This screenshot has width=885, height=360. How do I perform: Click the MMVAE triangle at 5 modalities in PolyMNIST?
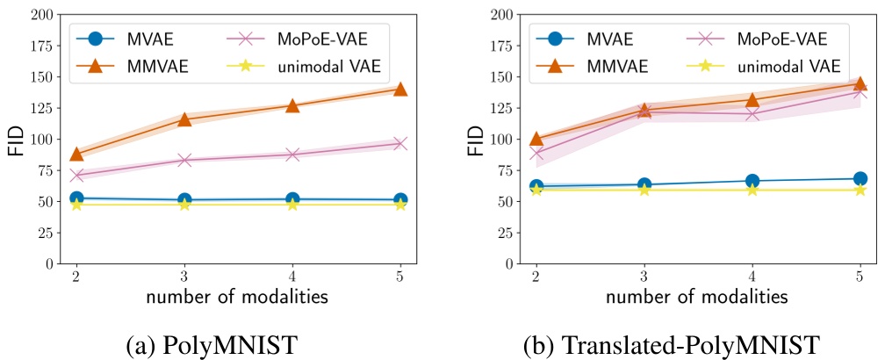coord(400,89)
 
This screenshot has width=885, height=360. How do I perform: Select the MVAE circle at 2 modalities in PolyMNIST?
coord(76,198)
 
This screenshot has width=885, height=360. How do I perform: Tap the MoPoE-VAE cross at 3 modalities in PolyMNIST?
coord(184,160)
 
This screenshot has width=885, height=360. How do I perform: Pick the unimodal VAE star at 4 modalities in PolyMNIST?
coord(292,204)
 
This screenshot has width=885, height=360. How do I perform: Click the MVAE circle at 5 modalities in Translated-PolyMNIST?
coord(860,179)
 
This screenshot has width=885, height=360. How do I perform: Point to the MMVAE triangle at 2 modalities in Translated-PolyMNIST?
coord(536,139)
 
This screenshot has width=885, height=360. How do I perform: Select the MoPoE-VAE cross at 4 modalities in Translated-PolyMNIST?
coord(752,114)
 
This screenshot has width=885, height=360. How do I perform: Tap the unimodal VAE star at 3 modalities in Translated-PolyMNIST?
coord(644,189)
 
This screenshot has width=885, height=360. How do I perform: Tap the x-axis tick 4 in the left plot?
coord(292,277)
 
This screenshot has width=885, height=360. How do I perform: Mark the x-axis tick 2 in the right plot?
coord(536,277)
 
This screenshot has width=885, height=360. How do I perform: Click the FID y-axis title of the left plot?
coord(15,139)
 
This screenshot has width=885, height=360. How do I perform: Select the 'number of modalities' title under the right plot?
coord(698,297)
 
